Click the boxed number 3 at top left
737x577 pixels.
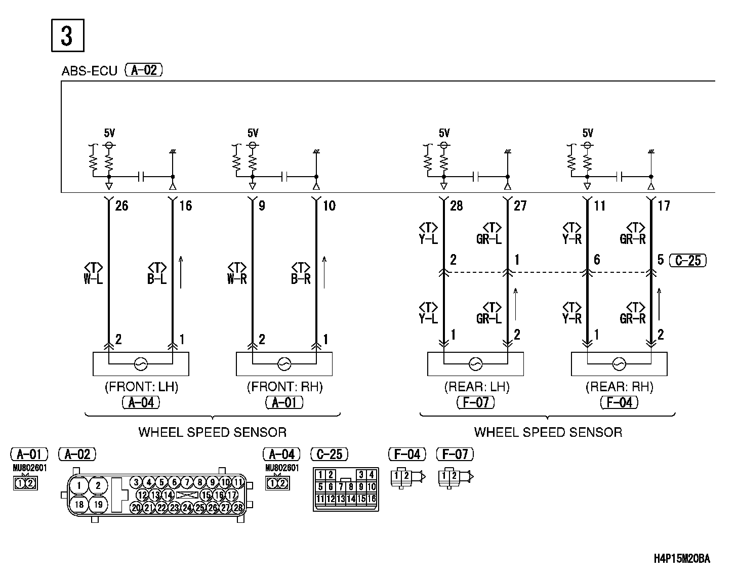point(67,36)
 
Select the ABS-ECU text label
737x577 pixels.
point(89,71)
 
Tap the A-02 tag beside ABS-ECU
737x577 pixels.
point(144,70)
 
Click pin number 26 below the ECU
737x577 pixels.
point(121,205)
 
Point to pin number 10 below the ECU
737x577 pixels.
point(329,205)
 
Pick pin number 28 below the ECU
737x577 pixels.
point(456,205)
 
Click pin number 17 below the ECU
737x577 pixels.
point(664,205)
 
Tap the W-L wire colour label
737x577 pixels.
point(93,279)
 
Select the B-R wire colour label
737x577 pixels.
point(301,279)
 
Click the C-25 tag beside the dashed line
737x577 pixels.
point(687,261)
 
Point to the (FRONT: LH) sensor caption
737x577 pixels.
point(141,387)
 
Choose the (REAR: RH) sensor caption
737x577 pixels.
point(619,387)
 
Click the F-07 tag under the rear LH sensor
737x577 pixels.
point(475,402)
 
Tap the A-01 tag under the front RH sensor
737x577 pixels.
point(284,402)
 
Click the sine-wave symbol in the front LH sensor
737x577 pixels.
point(140,363)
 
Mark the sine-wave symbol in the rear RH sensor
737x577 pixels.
point(619,363)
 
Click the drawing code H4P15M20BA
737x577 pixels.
point(682,559)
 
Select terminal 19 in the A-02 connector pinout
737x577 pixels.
point(98,504)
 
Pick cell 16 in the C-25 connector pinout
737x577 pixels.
point(372,499)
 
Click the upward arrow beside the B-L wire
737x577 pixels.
point(181,272)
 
